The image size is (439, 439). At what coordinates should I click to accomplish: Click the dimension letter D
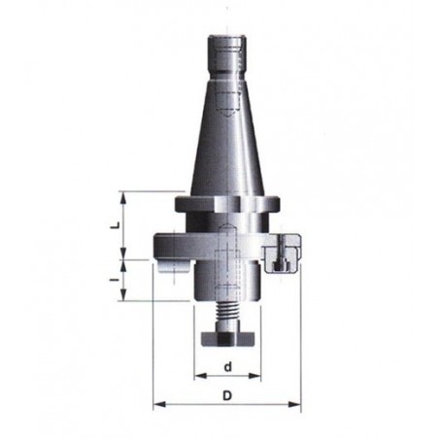(x=227, y=395)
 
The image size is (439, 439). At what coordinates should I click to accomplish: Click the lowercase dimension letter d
(x=228, y=367)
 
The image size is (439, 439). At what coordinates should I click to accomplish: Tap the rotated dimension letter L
(x=115, y=225)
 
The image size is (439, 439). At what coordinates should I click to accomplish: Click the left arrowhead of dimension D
(x=159, y=404)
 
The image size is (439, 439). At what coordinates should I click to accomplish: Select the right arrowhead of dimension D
(x=294, y=404)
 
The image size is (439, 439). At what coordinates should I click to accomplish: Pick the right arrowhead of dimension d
(x=254, y=376)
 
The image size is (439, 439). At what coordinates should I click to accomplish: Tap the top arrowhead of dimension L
(x=123, y=198)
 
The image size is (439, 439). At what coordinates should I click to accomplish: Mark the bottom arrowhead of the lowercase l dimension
(x=123, y=294)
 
